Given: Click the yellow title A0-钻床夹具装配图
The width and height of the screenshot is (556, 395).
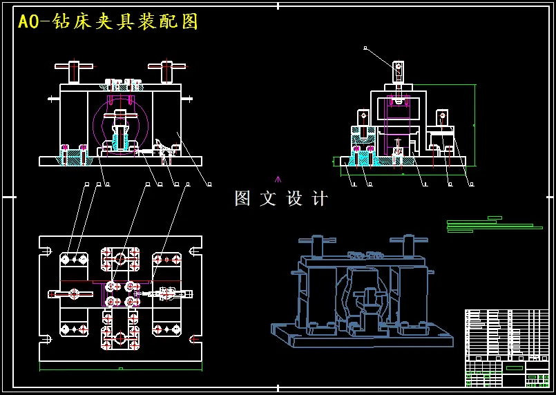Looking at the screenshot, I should click(108, 22).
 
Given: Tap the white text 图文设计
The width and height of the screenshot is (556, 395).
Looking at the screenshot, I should click(281, 199).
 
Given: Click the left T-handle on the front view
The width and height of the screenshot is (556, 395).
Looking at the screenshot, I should click(74, 69).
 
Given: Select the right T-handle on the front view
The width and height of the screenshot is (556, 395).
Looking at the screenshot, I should click(166, 69).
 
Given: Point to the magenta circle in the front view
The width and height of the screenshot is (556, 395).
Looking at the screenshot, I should click(121, 125).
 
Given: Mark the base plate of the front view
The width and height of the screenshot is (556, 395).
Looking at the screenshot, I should click(120, 162).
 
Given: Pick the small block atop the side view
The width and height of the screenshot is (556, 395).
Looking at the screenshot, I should click(397, 69).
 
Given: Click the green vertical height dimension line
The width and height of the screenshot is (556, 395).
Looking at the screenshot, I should click(475, 124).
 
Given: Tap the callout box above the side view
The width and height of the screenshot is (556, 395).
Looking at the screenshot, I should click(365, 48).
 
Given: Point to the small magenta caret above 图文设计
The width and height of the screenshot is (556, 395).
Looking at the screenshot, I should click(278, 179).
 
